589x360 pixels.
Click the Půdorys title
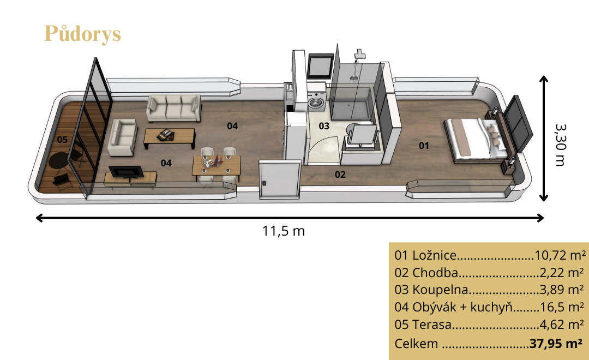pyautogui.click(x=82, y=34)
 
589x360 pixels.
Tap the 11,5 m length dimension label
pyautogui.click(x=283, y=231)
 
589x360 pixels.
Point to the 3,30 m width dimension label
pyautogui.click(x=560, y=145)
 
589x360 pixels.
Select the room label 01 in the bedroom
pyautogui.click(x=424, y=146)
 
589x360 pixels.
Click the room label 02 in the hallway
pyautogui.click(x=340, y=175)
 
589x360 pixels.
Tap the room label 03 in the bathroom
pyautogui.click(x=324, y=126)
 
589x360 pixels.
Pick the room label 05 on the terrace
pyautogui.click(x=62, y=140)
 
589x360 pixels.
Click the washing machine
pyautogui.click(x=317, y=101)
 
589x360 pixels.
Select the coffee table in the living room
pyautogui.click(x=170, y=138)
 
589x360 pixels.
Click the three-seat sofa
pyautogui.click(x=173, y=108)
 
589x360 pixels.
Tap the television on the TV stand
pyautogui.click(x=126, y=172)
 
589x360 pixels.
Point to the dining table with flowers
pyautogui.click(x=217, y=166)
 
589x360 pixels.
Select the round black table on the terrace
pyautogui.click(x=59, y=160)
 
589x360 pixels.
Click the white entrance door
pyautogui.click(x=279, y=179)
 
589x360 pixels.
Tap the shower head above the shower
pyautogui.click(x=359, y=54)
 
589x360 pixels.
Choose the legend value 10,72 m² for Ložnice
pyautogui.click(x=560, y=255)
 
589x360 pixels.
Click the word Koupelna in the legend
pyautogui.click(x=440, y=290)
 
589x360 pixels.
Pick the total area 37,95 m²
pyautogui.click(x=556, y=344)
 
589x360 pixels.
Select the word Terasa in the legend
pyautogui.click(x=431, y=325)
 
